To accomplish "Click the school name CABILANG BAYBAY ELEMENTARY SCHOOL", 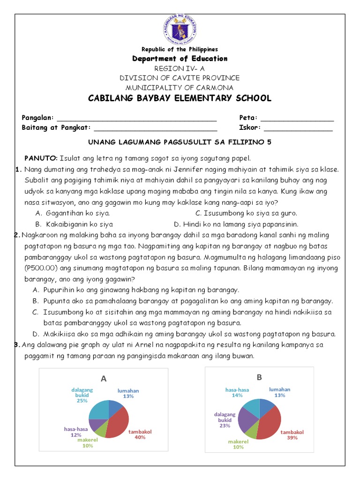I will [x=180, y=98].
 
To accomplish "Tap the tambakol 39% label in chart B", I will [x=292, y=435].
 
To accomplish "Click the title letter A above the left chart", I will [x=103, y=378].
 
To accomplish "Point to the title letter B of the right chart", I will [x=258, y=377].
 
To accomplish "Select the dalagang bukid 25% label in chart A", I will [x=82, y=395].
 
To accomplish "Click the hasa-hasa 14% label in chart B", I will [x=237, y=392].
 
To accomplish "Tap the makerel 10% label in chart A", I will [x=88, y=443].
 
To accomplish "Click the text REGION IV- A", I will [x=180, y=68].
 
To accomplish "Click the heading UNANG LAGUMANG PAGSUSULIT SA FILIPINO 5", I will [x=180, y=142].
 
